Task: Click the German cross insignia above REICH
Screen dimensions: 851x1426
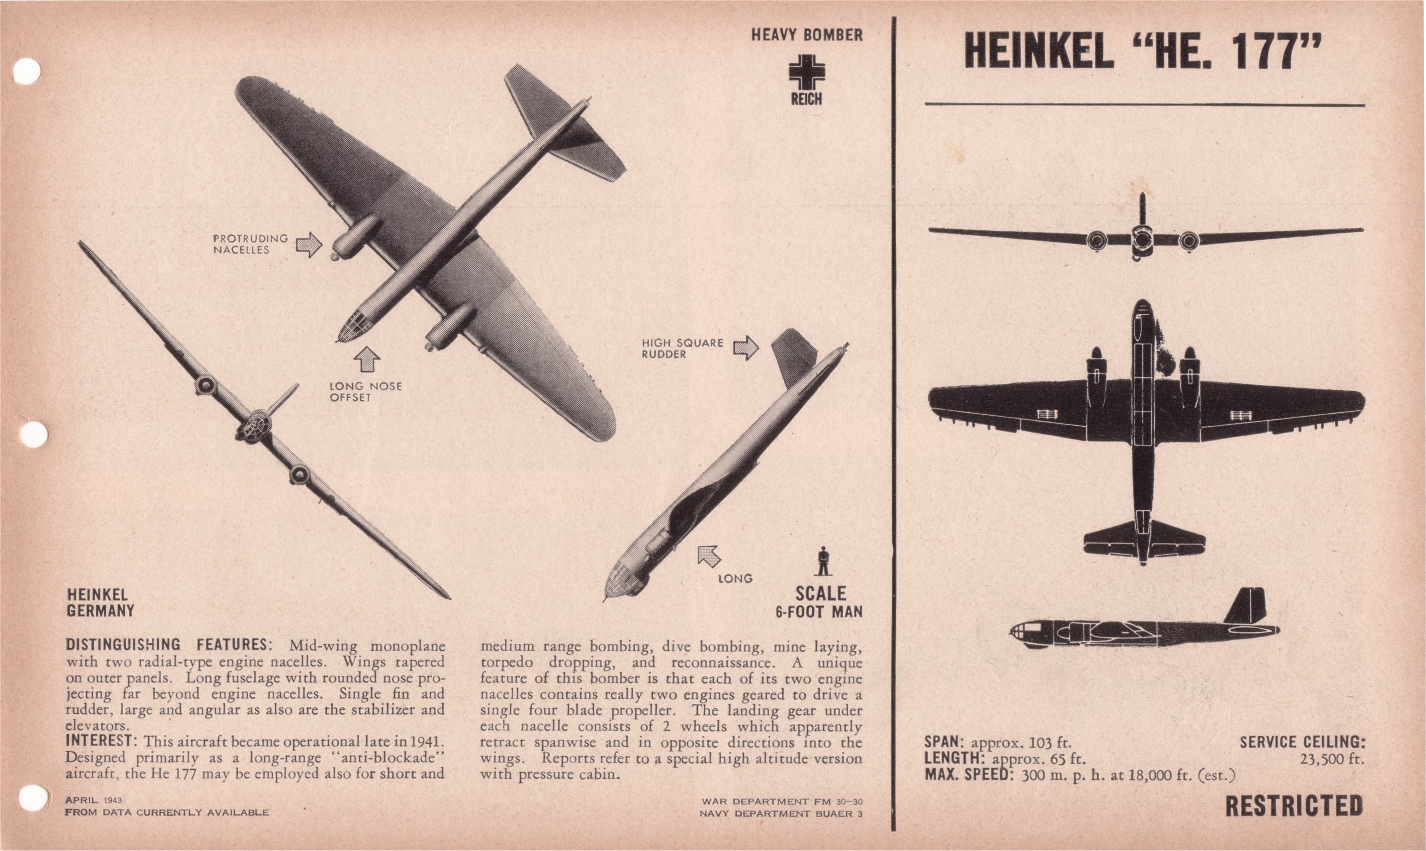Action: (x=806, y=72)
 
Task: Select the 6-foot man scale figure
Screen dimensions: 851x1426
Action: (x=823, y=561)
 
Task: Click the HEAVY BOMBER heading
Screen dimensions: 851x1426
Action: (x=806, y=35)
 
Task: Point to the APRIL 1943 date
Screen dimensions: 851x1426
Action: (x=93, y=800)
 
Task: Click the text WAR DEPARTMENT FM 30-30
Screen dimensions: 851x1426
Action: (x=781, y=801)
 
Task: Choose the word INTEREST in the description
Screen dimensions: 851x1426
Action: (x=99, y=740)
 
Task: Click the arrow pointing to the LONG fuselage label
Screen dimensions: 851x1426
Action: (x=709, y=555)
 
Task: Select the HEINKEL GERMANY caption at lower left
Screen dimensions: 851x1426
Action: (x=100, y=603)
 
